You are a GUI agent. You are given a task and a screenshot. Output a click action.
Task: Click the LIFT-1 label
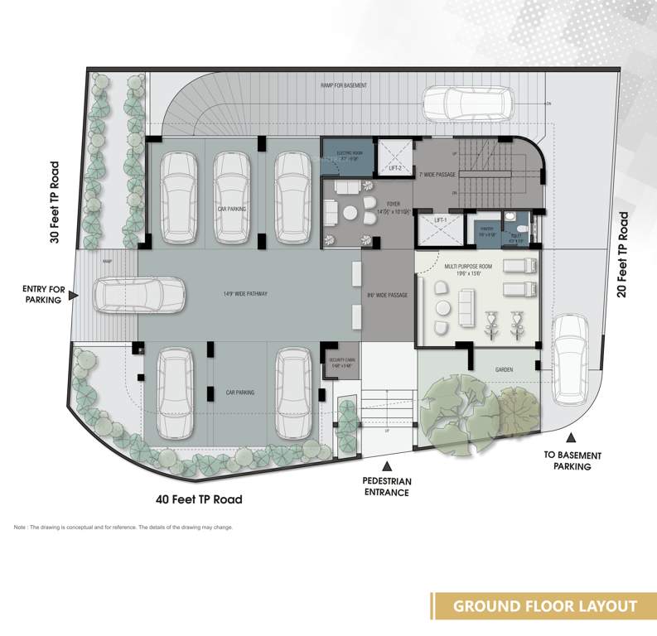tap(441, 220)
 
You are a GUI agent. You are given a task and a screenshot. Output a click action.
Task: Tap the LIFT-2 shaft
tap(395, 158)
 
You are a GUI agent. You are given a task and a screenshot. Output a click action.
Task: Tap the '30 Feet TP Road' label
tap(55, 202)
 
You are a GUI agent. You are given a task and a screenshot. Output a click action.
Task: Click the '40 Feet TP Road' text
tap(199, 499)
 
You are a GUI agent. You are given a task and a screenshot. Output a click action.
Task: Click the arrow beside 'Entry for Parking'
tap(74, 295)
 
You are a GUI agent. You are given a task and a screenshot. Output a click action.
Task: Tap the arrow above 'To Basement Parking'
tap(571, 439)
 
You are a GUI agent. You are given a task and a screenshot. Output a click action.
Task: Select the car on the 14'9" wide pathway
tap(139, 295)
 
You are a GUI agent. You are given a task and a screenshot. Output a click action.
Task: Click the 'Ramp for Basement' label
tap(344, 85)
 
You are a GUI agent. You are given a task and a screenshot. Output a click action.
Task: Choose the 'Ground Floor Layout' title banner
tap(543, 606)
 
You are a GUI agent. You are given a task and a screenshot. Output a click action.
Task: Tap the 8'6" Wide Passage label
tap(387, 295)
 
